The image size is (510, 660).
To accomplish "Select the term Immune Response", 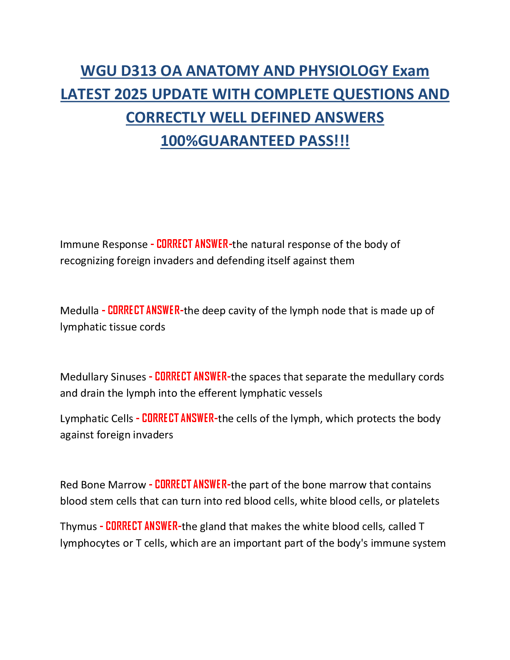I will pyautogui.click(x=104, y=245).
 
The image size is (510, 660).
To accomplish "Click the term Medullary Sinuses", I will pyautogui.click(x=103, y=377).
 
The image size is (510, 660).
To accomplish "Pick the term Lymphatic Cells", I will pyautogui.click(x=97, y=419).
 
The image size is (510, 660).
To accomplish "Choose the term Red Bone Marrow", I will pyautogui.click(x=103, y=485).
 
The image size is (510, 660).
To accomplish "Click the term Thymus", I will pyautogui.click(x=78, y=527).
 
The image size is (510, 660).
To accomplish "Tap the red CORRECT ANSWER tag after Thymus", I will pyautogui.click(x=142, y=526).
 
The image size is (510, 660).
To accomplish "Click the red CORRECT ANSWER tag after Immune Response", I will pyautogui.click(x=192, y=244).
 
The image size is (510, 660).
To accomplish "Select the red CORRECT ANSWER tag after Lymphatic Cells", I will pyautogui.click(x=178, y=418).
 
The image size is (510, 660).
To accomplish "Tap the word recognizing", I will pyautogui.click(x=87, y=261).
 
